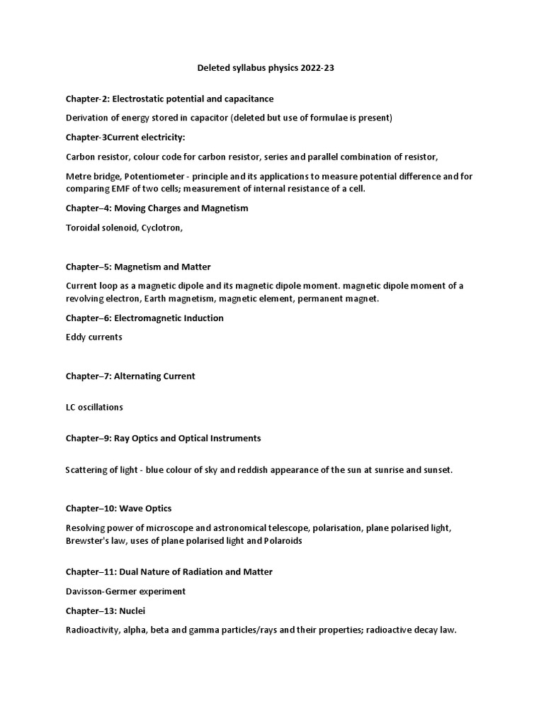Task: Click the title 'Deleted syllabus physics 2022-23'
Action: [271, 69]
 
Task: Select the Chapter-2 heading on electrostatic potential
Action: [169, 99]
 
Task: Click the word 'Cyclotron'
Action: [160, 228]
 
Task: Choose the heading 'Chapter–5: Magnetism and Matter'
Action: [138, 267]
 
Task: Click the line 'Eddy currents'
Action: [93, 337]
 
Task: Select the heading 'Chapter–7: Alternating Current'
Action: [130, 376]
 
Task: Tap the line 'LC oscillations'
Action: [94, 407]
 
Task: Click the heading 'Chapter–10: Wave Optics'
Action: [118, 508]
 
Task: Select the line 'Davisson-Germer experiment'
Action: [125, 591]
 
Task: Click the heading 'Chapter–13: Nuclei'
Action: [106, 610]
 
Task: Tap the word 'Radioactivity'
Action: [93, 630]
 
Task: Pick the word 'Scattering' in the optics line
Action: [88, 470]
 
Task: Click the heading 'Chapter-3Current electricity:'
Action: [125, 137]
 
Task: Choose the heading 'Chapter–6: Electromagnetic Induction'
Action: [144, 318]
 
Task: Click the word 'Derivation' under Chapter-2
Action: [89, 118]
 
